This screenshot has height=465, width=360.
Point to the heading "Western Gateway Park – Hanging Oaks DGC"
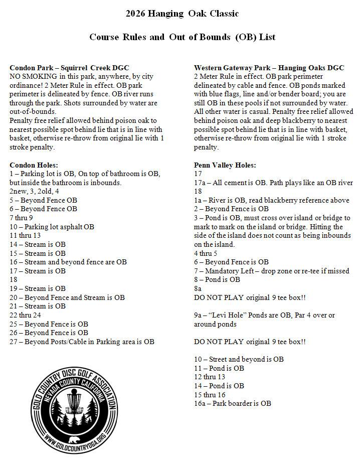(x=269, y=68)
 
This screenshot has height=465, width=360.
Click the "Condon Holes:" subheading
(x=34, y=165)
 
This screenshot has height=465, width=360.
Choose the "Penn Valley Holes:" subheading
(x=225, y=165)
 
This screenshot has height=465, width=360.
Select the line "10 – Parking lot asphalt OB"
(x=52, y=227)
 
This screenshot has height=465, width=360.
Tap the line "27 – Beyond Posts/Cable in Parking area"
(x=82, y=342)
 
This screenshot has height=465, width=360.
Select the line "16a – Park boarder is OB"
(x=232, y=403)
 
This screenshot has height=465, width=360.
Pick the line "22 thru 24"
(x=25, y=315)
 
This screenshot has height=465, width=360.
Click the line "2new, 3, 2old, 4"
(x=34, y=192)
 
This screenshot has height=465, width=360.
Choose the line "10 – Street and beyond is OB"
(x=239, y=359)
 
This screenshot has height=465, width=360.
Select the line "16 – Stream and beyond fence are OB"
(x=68, y=262)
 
